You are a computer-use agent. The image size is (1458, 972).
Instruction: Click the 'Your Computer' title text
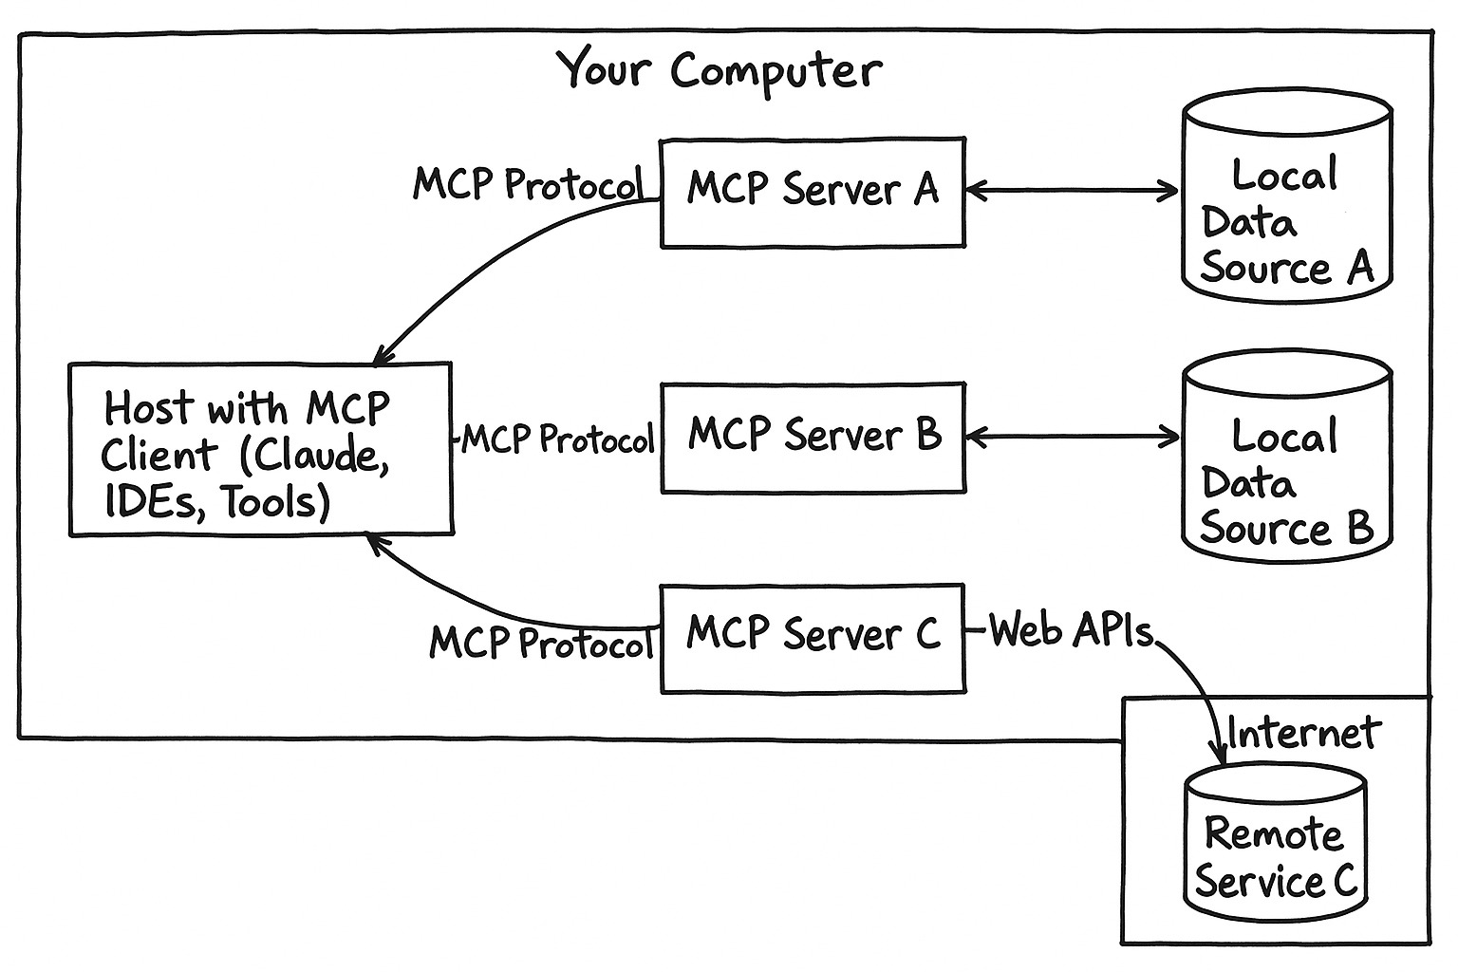click(x=719, y=70)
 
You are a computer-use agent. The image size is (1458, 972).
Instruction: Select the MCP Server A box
click(x=813, y=193)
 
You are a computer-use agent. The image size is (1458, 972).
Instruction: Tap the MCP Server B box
click(x=813, y=438)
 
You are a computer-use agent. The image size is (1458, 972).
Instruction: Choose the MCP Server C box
click(x=813, y=637)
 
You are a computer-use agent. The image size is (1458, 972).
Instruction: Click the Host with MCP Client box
click(x=260, y=448)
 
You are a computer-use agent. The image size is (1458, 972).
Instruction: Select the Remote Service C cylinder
click(x=1275, y=847)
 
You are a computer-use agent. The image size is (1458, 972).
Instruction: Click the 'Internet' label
click(x=1303, y=733)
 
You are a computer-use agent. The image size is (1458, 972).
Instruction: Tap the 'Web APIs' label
click(x=1071, y=630)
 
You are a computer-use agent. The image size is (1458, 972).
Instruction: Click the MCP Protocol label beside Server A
click(x=528, y=183)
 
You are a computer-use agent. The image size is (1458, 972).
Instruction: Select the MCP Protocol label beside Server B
click(x=558, y=439)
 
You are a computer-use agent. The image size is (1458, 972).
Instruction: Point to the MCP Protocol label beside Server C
click(x=542, y=643)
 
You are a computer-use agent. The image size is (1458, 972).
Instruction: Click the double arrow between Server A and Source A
click(x=1072, y=191)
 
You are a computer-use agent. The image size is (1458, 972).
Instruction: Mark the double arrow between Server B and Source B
click(x=1072, y=438)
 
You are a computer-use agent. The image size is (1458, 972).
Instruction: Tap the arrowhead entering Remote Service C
click(x=1219, y=752)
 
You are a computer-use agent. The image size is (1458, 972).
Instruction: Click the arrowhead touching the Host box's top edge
click(x=381, y=357)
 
